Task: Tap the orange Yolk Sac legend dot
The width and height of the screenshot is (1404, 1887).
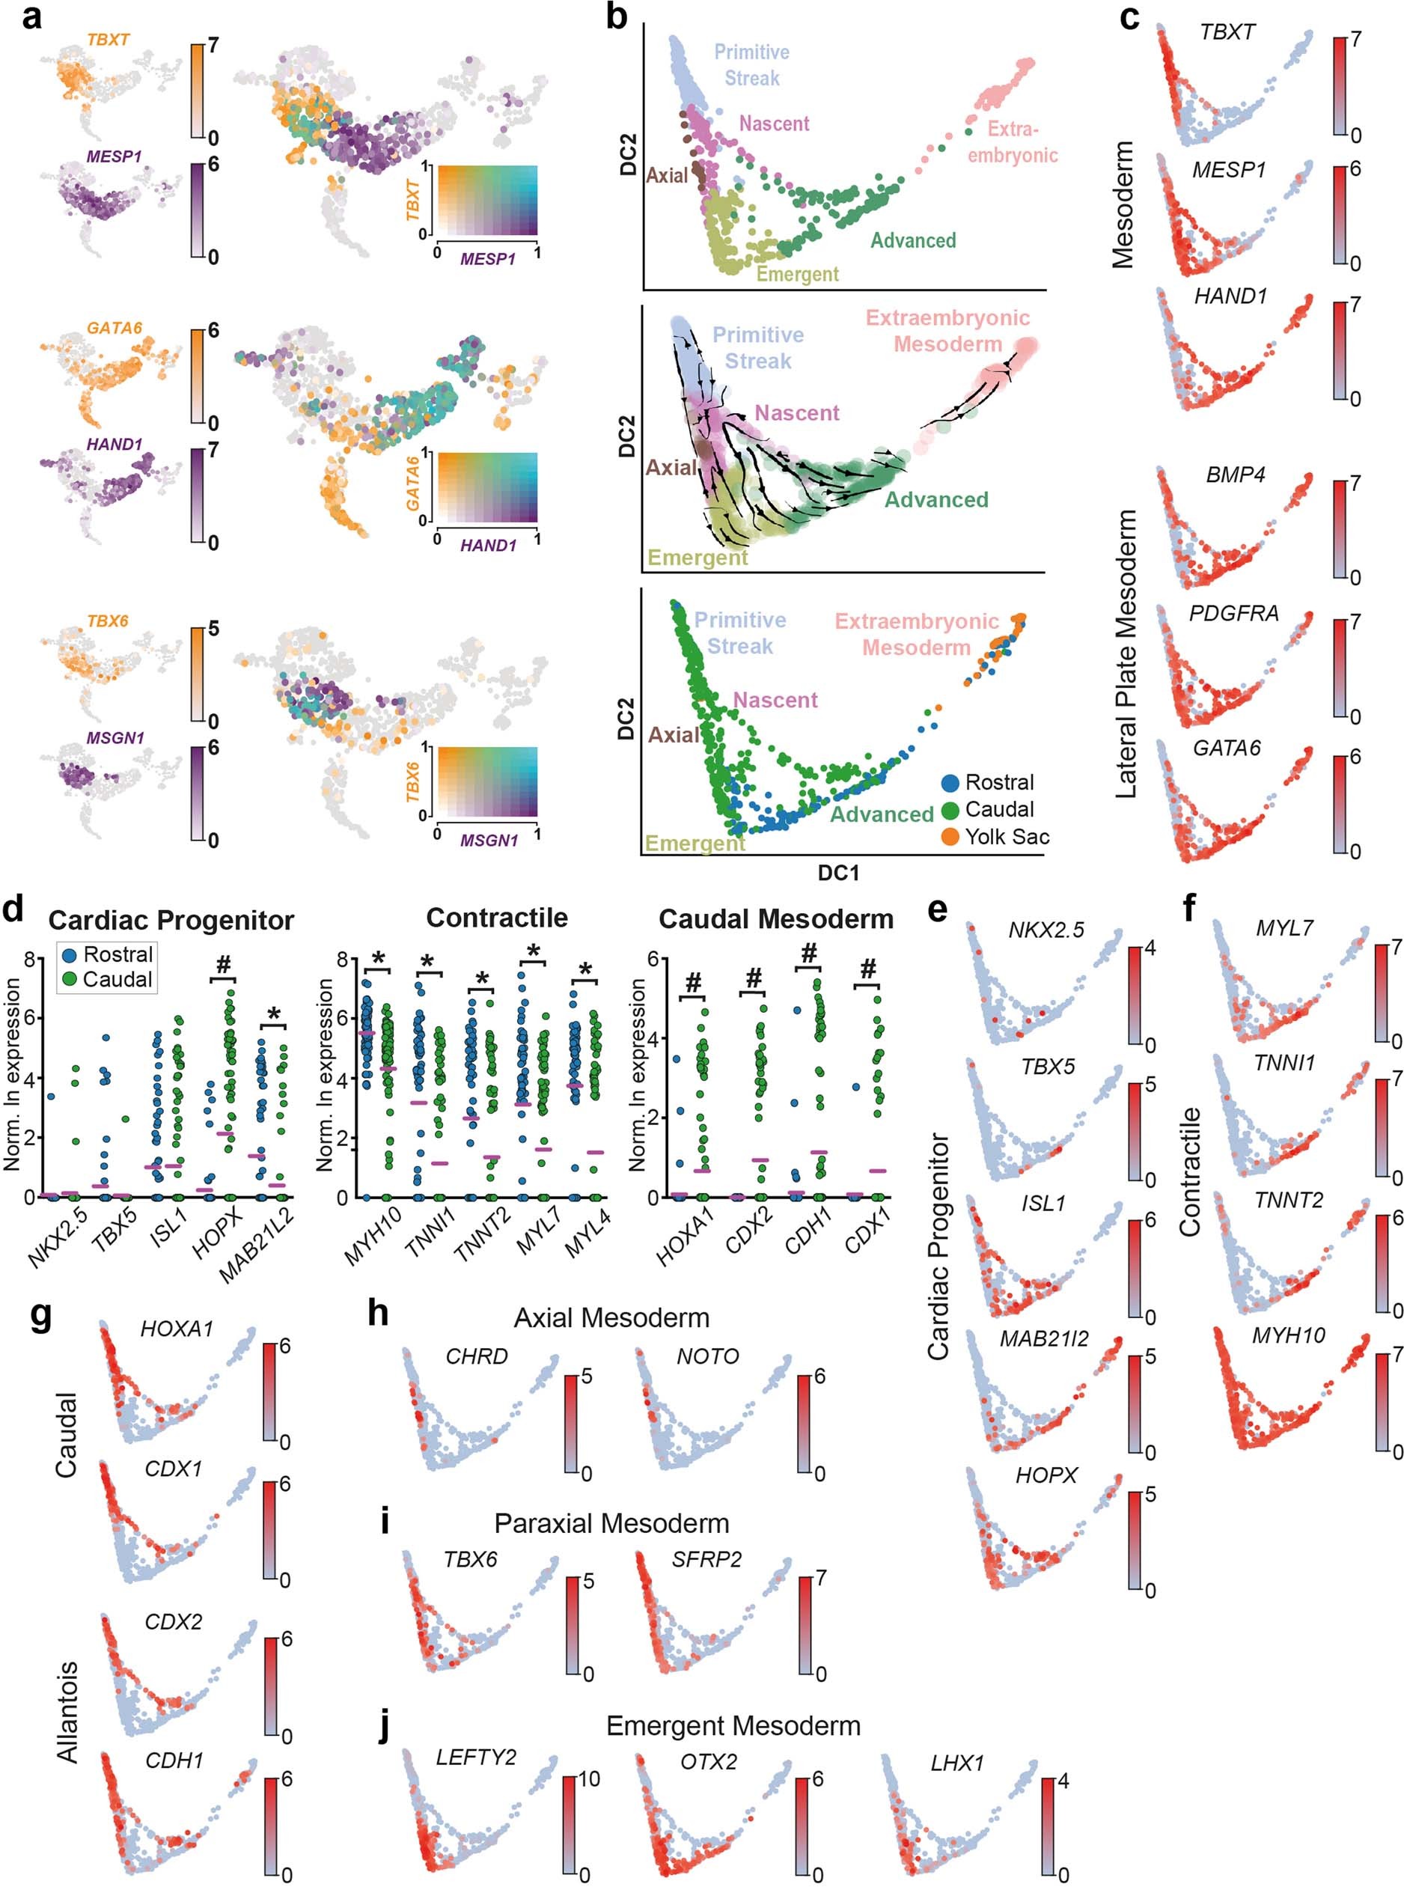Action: coord(950,838)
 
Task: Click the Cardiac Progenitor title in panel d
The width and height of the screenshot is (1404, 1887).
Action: coord(171,920)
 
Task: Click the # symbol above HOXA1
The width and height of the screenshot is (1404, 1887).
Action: coord(694,983)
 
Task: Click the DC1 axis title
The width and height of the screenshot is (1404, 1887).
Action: coord(838,873)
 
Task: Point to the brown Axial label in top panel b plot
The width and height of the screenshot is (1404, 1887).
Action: coord(666,176)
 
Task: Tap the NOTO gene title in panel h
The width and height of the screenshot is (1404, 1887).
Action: coord(707,1356)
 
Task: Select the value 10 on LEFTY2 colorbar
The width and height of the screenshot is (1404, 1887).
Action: coord(587,1779)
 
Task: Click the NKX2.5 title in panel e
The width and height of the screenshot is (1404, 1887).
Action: coord(1046,930)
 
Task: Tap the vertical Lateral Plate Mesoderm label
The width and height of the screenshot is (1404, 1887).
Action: coord(1126,653)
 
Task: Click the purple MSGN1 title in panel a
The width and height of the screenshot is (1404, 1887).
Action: coord(115,738)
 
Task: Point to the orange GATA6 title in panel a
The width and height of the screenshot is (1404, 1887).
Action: coord(114,328)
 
